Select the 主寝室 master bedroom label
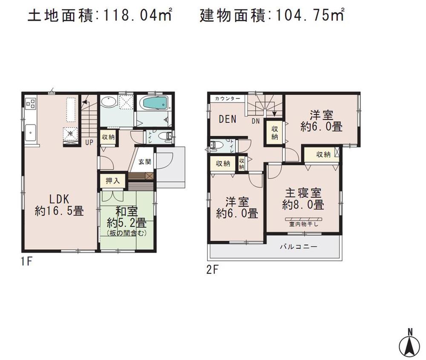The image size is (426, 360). point(303,193)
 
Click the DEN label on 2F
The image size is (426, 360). point(227,119)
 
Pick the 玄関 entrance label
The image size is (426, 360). point(144,161)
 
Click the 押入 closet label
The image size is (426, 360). point(113,181)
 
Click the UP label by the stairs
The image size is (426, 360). point(89,142)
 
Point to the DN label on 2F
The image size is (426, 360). point(256,121)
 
